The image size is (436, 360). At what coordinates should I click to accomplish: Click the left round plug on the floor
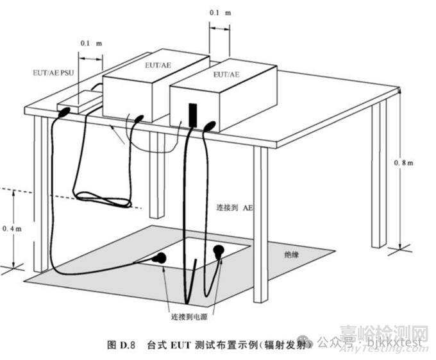159,259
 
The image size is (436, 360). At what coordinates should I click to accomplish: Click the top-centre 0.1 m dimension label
220,13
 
